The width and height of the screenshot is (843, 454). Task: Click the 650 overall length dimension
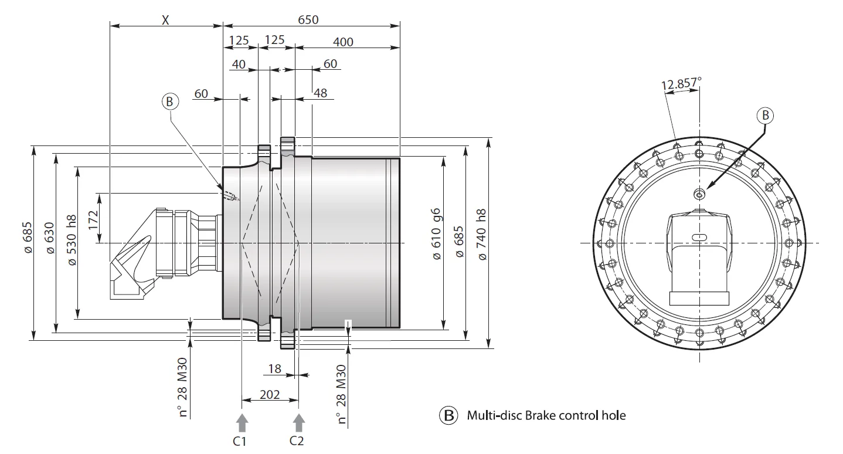pyautogui.click(x=308, y=19)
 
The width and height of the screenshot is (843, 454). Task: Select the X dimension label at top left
pyautogui.click(x=165, y=19)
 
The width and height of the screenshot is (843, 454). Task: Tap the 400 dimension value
pyautogui.click(x=343, y=42)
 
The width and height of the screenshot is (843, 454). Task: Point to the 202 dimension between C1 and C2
pyautogui.click(x=269, y=394)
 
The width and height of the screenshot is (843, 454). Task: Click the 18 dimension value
pyautogui.click(x=274, y=369)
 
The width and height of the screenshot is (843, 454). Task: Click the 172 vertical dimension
pyautogui.click(x=93, y=218)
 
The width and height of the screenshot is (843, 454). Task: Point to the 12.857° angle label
pyautogui.click(x=681, y=84)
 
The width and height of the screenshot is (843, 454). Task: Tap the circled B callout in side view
pyautogui.click(x=169, y=101)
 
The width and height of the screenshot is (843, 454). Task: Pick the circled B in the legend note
pyautogui.click(x=448, y=415)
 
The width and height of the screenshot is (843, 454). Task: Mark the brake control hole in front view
pyautogui.click(x=698, y=193)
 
